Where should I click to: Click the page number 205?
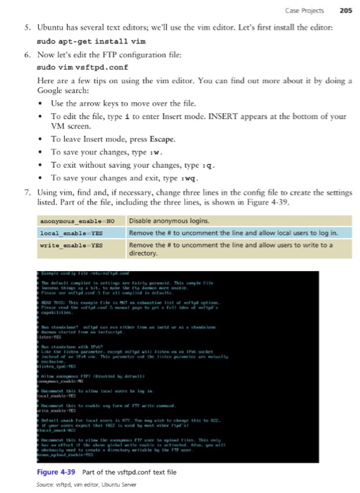pyautogui.click(x=345, y=9)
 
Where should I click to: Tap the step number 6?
pyautogui.click(x=25, y=56)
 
